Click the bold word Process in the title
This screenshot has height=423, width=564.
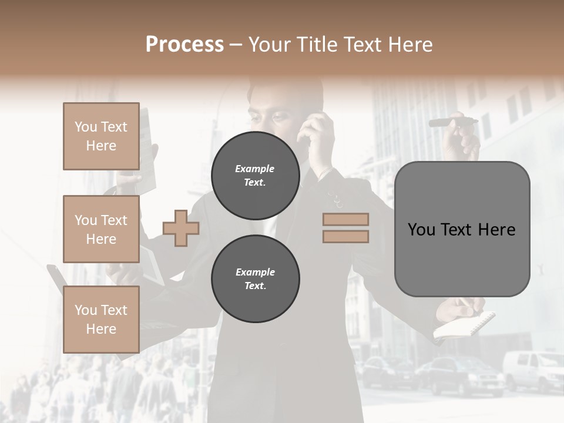pos(184,45)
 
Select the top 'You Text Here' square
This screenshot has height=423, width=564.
pos(101,136)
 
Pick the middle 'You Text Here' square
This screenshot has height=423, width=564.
pos(101,229)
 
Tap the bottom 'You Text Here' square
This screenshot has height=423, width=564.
pos(101,319)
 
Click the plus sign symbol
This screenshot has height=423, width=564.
pos(181,227)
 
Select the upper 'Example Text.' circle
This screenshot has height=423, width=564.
pos(255,176)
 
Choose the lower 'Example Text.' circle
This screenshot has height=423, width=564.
pos(255,279)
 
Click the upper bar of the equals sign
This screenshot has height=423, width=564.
pos(345,219)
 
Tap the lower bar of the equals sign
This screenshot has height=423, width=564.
pos(345,236)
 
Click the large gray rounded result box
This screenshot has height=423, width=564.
pos(462,229)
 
